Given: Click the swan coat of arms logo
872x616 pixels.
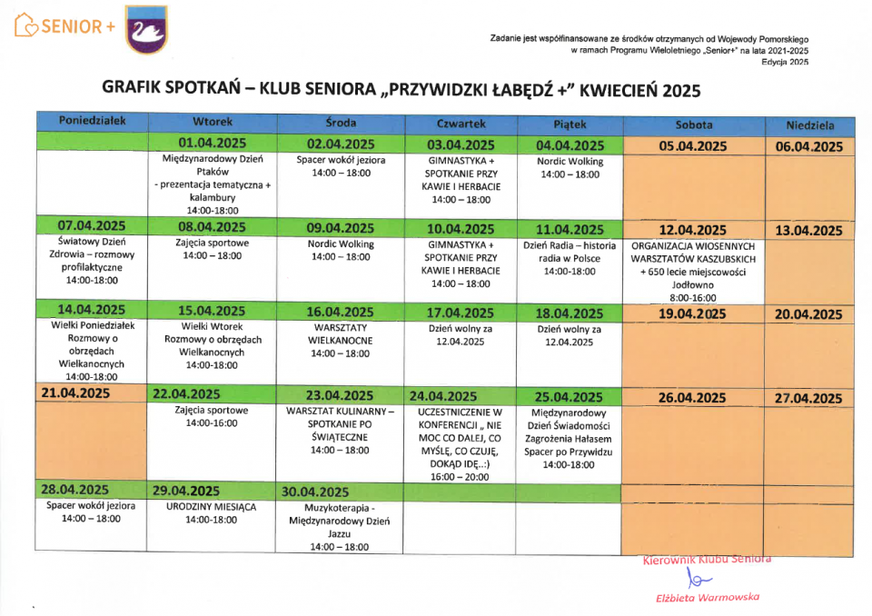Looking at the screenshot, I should pyautogui.click(x=146, y=29).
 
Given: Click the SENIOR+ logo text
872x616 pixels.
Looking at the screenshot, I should pyautogui.click(x=65, y=27).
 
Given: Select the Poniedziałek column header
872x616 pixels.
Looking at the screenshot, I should pyautogui.click(x=92, y=121).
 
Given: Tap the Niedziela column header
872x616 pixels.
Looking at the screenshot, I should pyautogui.click(x=809, y=125).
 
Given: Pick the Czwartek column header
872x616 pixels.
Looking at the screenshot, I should pyautogui.click(x=461, y=123).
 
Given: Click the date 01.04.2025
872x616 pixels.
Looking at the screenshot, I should pyautogui.click(x=213, y=144).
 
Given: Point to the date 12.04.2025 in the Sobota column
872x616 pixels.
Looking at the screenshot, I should pyautogui.click(x=692, y=230).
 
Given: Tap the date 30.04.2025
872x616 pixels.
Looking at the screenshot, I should pyautogui.click(x=315, y=492).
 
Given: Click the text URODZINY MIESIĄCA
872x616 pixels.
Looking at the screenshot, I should pyautogui.click(x=212, y=506).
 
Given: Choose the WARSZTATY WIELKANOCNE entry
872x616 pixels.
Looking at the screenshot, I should pyautogui.click(x=341, y=333).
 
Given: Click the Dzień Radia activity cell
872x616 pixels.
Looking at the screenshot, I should pyautogui.click(x=570, y=258).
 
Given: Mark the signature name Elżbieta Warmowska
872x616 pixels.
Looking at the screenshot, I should pyautogui.click(x=707, y=597).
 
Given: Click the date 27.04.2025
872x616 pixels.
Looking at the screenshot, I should pyautogui.click(x=808, y=398).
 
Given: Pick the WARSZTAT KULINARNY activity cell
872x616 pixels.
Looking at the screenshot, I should pyautogui.click(x=341, y=430).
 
